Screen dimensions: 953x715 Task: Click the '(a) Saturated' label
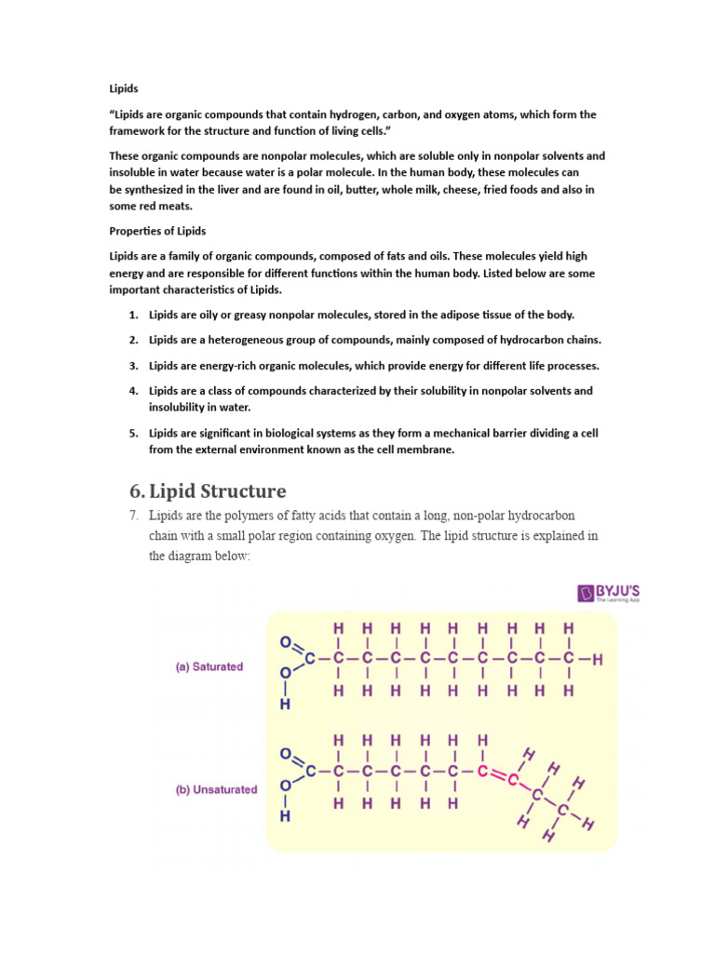209,666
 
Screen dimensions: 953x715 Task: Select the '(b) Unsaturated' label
217,789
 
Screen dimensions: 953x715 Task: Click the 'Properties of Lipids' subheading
157,231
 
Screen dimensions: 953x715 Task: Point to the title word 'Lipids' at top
124,88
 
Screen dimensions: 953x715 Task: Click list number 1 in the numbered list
134,315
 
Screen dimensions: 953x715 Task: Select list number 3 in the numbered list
134,366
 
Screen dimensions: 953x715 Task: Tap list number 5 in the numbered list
134,433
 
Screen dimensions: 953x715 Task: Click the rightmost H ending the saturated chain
598,660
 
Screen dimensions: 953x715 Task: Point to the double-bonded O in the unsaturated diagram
285,754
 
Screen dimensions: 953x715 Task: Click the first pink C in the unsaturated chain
482,772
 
